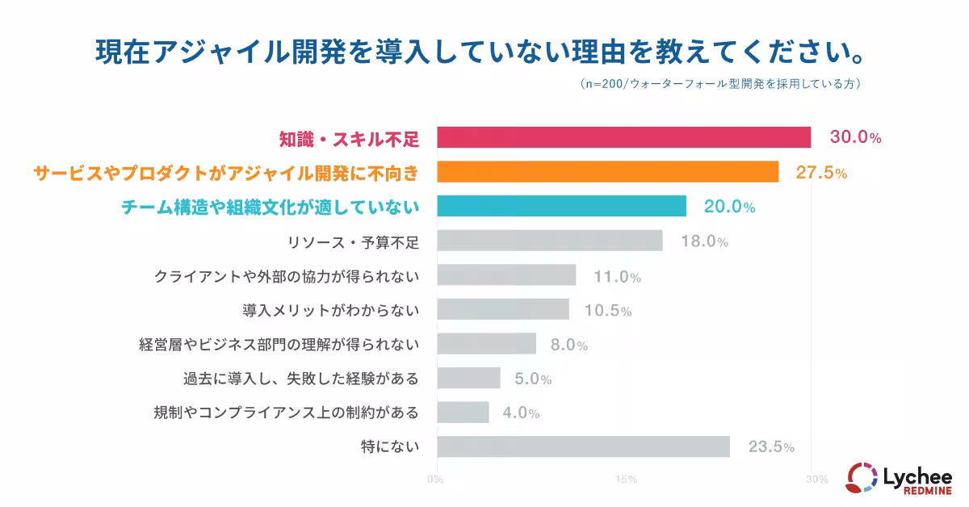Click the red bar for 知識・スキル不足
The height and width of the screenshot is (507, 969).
[x=623, y=137]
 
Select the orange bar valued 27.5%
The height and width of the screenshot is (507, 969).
[x=607, y=172]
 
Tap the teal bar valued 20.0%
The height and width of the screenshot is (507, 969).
[x=561, y=206]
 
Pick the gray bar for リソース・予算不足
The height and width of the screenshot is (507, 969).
[x=549, y=241]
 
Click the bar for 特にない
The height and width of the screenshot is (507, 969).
[x=583, y=446]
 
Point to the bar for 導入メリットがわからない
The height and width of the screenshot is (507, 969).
[x=503, y=309]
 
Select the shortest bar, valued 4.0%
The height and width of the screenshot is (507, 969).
[x=463, y=412]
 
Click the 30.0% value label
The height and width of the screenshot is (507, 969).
[x=855, y=138]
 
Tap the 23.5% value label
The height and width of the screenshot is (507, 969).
[x=771, y=446]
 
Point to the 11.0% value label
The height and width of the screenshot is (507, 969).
[x=618, y=277]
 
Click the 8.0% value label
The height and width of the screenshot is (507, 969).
[x=568, y=346]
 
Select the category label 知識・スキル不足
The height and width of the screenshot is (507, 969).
[x=349, y=139]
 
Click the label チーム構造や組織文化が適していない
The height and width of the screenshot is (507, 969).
[x=270, y=207]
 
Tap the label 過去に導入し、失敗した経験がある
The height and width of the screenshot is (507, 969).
[x=301, y=378]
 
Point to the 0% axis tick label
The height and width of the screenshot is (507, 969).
[x=435, y=480]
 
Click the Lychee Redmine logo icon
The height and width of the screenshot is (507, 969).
[x=861, y=477]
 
